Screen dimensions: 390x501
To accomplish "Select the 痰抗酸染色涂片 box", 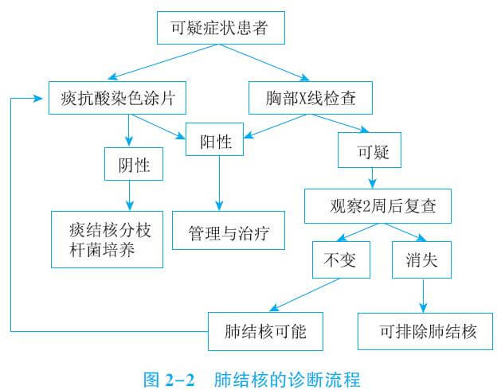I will pos(117,99).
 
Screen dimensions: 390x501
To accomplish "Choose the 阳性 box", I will pos(215,142).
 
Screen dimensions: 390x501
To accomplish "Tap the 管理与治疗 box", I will pos(229,234).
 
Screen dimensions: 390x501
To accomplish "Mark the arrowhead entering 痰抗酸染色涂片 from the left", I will pos(37,99).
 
